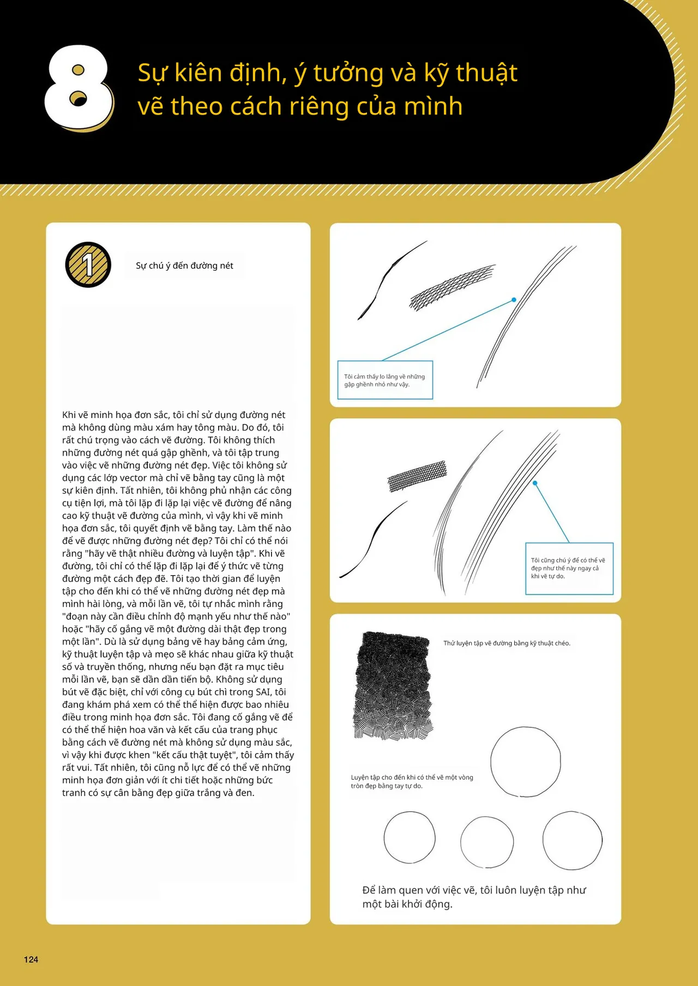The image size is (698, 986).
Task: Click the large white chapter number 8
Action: (x=79, y=87)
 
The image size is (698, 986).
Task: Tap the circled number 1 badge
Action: (x=88, y=265)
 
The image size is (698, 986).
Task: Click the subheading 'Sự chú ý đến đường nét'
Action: (x=184, y=266)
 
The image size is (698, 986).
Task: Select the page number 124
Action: (x=31, y=959)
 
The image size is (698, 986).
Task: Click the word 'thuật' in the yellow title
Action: (x=486, y=73)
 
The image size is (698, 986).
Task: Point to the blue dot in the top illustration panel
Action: (x=514, y=300)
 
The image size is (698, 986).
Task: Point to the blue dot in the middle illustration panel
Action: (x=535, y=483)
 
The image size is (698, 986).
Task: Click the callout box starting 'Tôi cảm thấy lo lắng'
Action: (x=385, y=380)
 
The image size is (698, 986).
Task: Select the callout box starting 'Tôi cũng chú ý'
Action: (x=569, y=568)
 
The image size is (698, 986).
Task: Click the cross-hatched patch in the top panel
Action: (x=452, y=287)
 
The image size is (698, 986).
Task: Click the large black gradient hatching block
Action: (x=393, y=685)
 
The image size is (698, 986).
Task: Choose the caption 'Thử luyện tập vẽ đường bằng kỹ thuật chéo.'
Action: (x=507, y=643)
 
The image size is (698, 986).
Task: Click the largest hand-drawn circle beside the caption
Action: (x=525, y=762)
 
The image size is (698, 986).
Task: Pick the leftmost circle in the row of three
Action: (x=410, y=837)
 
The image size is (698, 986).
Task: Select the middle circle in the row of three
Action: (x=487, y=842)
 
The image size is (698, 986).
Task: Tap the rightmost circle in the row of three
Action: (x=573, y=840)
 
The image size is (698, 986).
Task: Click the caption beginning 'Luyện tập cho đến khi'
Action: (x=412, y=781)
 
